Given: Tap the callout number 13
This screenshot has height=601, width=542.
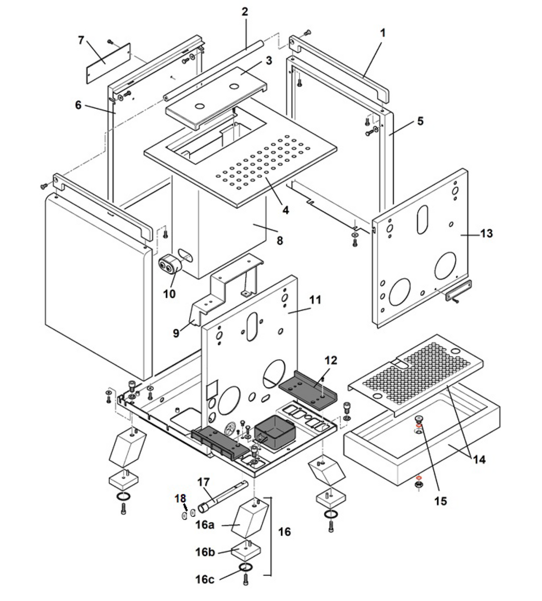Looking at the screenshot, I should [486, 234].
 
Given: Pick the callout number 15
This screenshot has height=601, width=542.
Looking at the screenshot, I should [440, 501].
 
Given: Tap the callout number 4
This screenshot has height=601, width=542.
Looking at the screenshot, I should [286, 209].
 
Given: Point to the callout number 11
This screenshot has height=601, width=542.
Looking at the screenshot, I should [314, 300].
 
